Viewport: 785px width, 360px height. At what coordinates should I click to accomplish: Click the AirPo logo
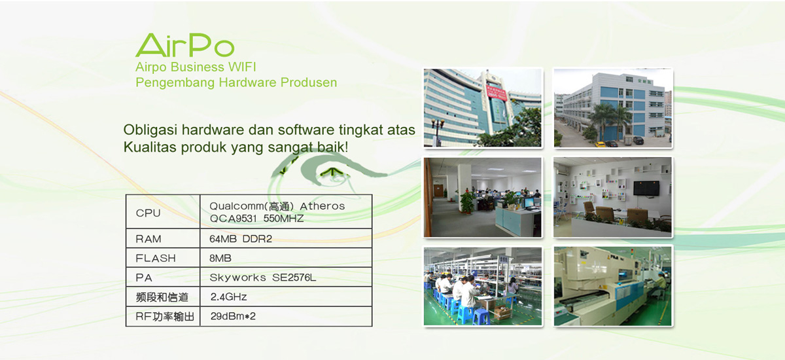[x=184, y=45]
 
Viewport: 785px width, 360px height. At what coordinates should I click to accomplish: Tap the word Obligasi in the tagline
[x=150, y=130]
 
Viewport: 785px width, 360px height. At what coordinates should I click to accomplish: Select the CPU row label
[x=148, y=213]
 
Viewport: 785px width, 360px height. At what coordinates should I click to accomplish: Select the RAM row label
[x=148, y=239]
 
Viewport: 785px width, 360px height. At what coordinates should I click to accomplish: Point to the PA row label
[x=144, y=278]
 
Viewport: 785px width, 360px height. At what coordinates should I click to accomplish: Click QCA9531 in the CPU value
[x=234, y=219]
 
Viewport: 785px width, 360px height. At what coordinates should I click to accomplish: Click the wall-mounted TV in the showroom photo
[x=646, y=189]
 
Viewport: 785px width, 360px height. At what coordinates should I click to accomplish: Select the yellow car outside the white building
[x=601, y=144]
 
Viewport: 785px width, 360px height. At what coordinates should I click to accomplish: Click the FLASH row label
[x=155, y=258]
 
